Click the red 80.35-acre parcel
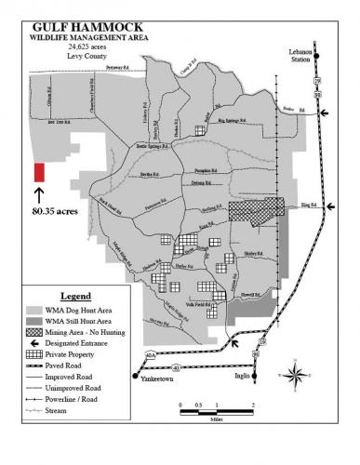[x=39, y=172]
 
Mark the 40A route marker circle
[x=150, y=355]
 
